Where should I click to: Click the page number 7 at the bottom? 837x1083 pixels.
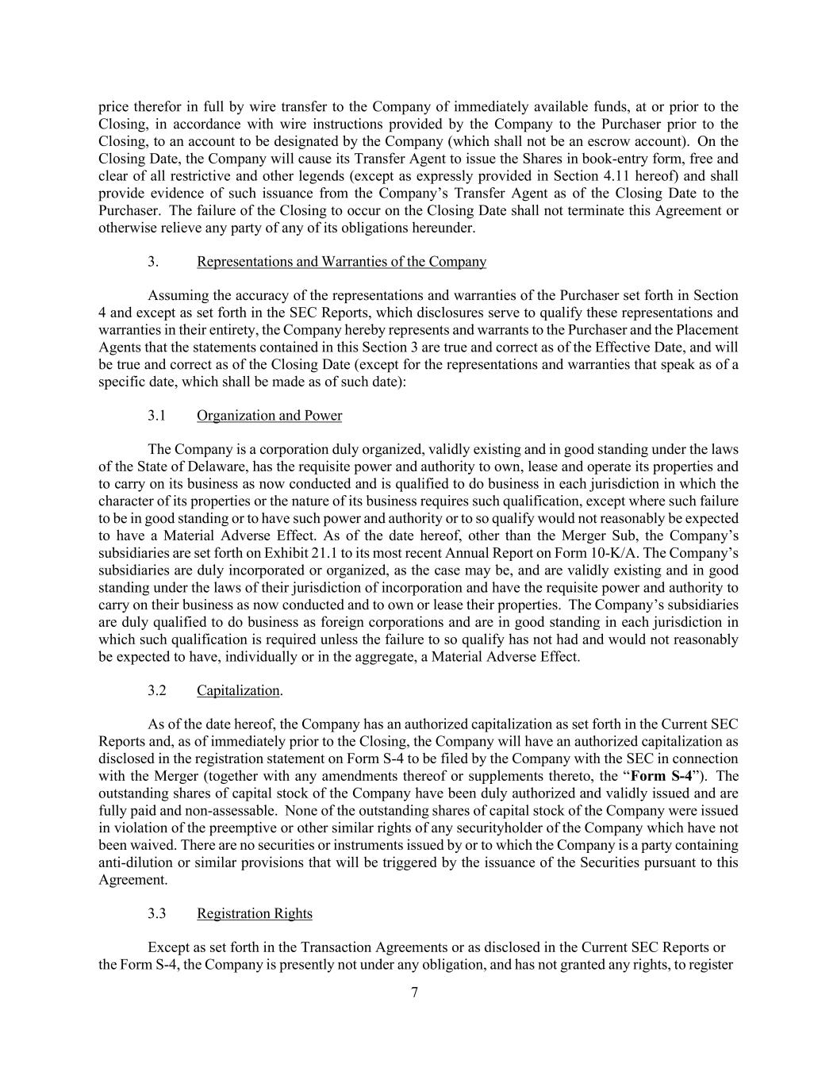click(414, 993)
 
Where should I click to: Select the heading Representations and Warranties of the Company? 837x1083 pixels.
click(341, 262)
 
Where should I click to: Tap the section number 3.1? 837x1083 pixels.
click(156, 416)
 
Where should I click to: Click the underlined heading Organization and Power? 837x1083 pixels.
click(269, 416)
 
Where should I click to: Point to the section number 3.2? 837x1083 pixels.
click(156, 690)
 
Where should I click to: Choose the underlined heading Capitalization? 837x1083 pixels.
click(238, 690)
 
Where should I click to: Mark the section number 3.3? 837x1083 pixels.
click(156, 913)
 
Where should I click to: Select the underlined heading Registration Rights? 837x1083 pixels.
click(254, 913)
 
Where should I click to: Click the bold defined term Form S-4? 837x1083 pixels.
click(662, 776)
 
